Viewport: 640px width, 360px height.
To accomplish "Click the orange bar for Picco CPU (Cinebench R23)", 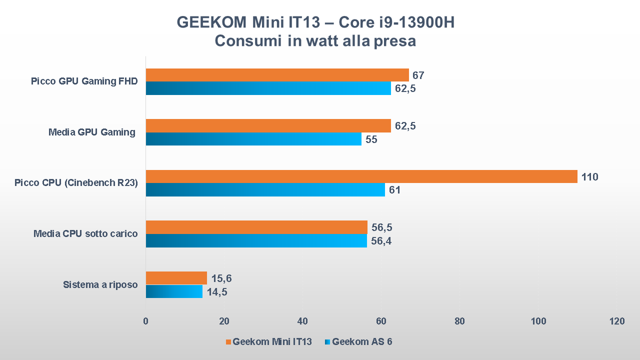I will click(x=361, y=176).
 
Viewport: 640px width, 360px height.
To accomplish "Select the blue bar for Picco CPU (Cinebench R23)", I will click(x=265, y=190).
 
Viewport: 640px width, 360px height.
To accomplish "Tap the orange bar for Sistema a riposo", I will click(x=176, y=278).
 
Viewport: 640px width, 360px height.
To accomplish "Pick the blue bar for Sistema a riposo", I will click(x=174, y=291).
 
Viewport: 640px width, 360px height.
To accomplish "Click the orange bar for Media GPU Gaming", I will click(x=268, y=125).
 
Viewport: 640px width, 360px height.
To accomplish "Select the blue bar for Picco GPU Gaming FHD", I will click(x=268, y=88).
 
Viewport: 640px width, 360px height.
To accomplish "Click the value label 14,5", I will click(x=217, y=292).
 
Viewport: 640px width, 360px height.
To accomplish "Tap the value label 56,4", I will click(x=382, y=241).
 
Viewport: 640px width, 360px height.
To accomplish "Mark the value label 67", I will click(x=418, y=75).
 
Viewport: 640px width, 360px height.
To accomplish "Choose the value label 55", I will click(x=371, y=139).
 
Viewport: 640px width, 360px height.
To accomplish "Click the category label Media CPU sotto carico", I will click(x=85, y=233).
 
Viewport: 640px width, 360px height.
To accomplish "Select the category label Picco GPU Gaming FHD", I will click(x=84, y=81).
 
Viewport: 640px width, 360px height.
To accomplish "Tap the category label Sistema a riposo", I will click(x=100, y=285).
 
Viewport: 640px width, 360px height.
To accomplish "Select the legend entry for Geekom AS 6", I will click(x=362, y=342).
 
